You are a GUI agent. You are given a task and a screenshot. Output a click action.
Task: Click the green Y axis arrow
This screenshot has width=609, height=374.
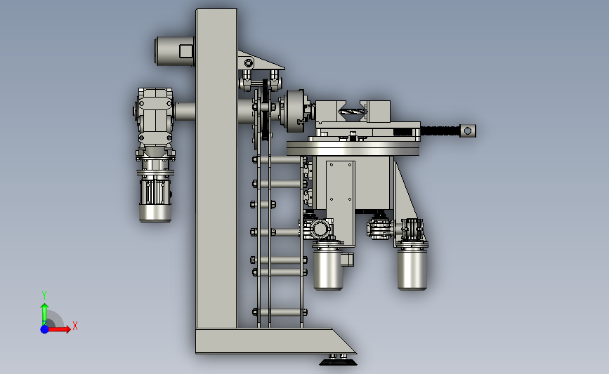(x=44, y=314)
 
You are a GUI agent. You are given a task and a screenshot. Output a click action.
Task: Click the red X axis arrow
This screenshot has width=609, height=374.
(x=58, y=329)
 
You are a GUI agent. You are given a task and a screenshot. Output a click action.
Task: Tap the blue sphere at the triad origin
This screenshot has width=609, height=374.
(x=44, y=329)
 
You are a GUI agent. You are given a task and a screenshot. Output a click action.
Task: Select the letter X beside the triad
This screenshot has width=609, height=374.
(x=75, y=326)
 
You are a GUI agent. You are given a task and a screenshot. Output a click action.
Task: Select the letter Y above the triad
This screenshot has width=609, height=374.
(x=44, y=295)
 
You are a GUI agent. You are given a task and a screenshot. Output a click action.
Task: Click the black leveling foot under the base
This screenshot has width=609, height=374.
(x=338, y=362)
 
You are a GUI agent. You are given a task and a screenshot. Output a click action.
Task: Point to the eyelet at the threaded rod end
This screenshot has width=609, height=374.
(x=468, y=131)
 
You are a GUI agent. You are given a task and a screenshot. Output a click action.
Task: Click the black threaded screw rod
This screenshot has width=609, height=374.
(x=440, y=131)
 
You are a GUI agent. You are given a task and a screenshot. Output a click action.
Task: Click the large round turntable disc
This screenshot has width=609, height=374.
(x=353, y=149)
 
